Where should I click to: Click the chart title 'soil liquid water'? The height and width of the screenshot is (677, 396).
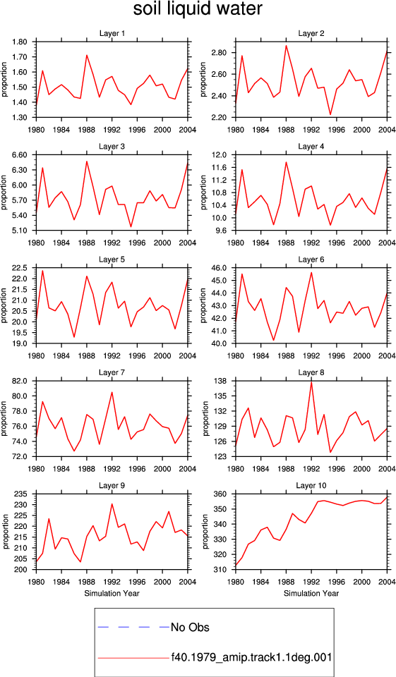point(198,9)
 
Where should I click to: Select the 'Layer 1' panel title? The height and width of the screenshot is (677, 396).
point(112,34)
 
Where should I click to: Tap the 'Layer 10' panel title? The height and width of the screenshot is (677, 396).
point(311,486)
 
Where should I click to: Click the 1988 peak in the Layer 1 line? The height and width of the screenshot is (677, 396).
point(86,55)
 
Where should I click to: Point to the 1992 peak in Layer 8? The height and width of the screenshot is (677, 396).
point(311,382)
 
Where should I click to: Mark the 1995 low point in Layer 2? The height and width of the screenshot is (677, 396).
point(330,114)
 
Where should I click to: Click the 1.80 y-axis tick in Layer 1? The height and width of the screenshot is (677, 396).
point(20,42)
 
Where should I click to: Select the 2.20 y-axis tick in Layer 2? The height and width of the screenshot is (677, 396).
point(220,118)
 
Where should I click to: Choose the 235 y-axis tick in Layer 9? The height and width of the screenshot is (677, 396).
point(23,494)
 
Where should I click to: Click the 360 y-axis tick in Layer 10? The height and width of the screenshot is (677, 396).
point(222,494)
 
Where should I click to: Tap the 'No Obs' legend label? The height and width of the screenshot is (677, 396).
point(190,627)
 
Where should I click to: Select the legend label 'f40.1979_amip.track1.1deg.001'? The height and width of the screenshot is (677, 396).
point(251,657)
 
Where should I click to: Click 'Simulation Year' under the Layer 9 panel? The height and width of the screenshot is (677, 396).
point(112,593)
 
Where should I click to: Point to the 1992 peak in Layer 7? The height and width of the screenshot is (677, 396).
point(112,392)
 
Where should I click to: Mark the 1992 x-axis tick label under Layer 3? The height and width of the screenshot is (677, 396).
point(112,243)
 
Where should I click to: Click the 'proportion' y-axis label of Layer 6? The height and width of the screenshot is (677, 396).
point(203,305)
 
